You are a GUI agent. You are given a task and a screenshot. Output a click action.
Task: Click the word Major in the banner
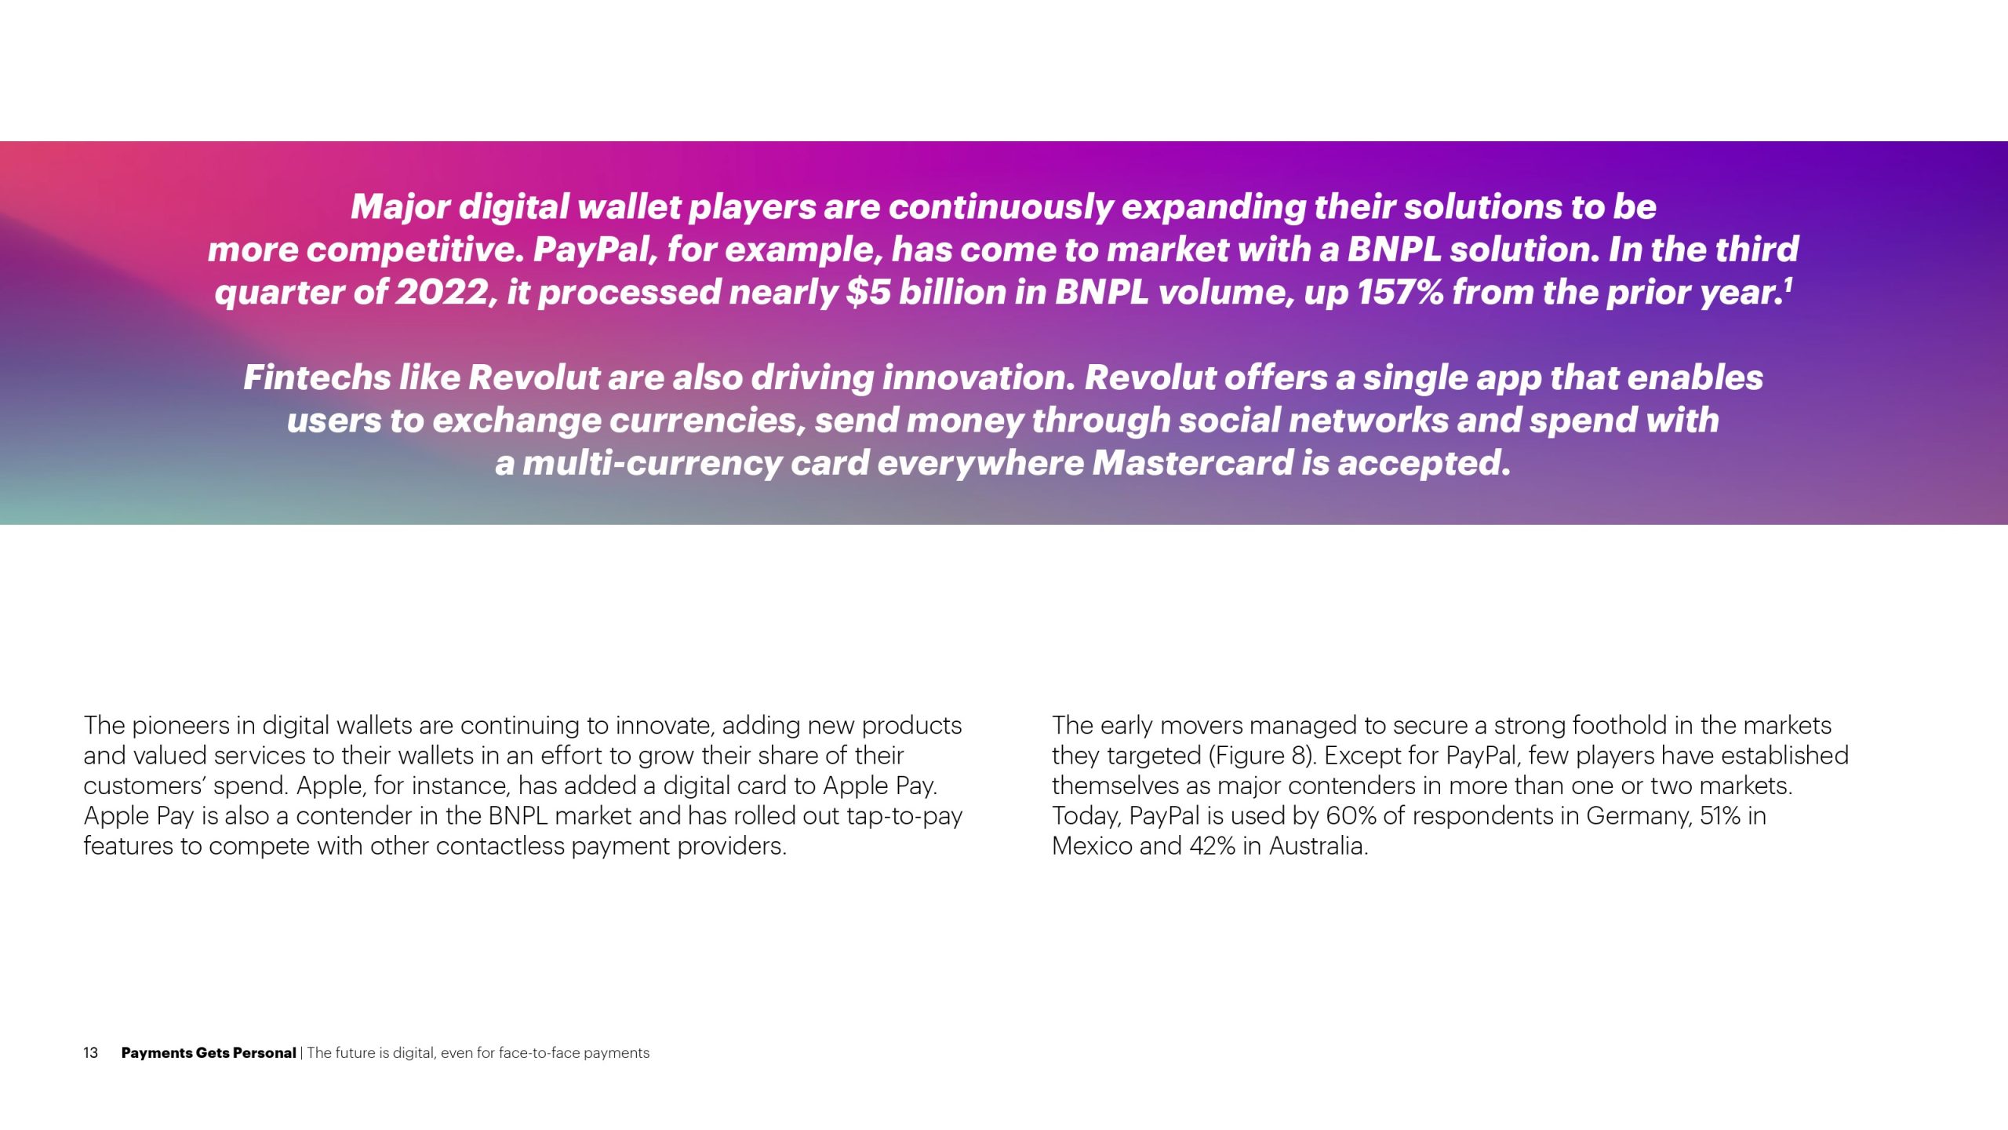(x=400, y=208)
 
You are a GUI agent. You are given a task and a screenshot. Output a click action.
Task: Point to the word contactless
(x=501, y=847)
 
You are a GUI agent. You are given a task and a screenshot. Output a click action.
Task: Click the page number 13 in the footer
(x=90, y=1053)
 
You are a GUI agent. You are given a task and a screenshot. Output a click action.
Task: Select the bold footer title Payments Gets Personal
(x=209, y=1053)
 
